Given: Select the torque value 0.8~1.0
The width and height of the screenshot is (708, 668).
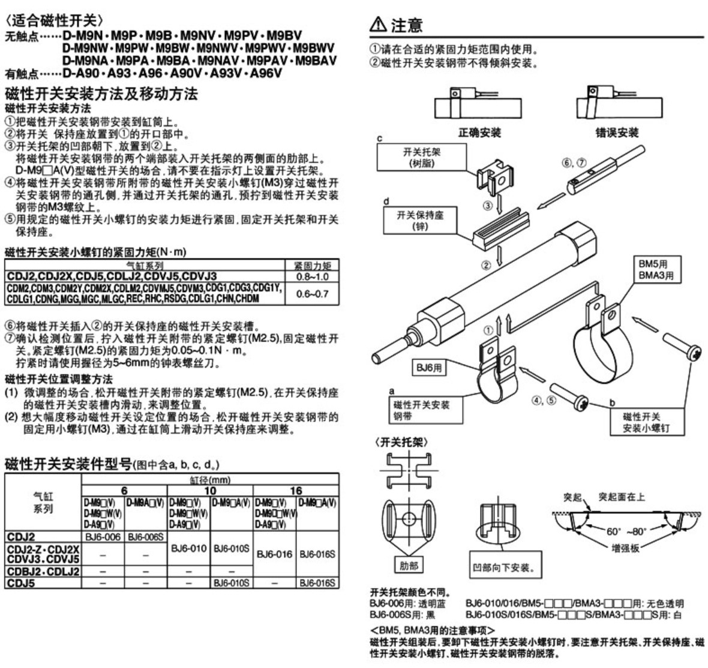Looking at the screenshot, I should pyautogui.click(x=312, y=276).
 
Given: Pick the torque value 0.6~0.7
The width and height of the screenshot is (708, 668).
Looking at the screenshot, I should pyautogui.click(x=312, y=294).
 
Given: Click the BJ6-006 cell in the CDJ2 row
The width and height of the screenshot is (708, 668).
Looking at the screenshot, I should pyautogui.click(x=104, y=537).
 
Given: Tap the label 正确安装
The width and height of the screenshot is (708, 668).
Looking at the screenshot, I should pyautogui.click(x=479, y=133).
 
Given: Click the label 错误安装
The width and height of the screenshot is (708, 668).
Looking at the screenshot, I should pyautogui.click(x=616, y=133).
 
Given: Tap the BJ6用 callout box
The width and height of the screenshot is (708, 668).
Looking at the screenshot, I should pyautogui.click(x=429, y=368).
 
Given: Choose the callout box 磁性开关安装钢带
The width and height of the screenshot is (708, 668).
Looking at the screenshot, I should pyautogui.click(x=420, y=410).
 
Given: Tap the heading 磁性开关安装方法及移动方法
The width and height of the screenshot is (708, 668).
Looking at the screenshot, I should pyautogui.click(x=101, y=94).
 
